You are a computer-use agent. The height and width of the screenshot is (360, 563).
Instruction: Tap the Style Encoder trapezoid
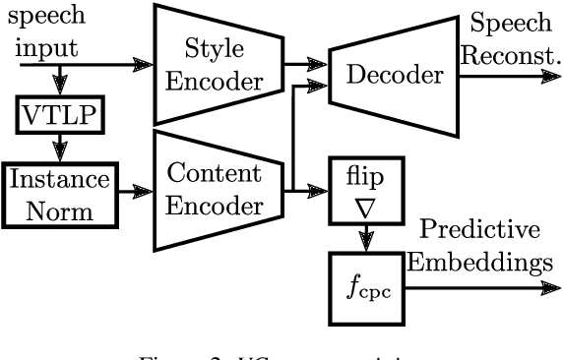[x=217, y=65]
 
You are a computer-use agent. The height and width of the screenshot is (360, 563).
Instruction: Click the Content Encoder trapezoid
[x=217, y=191]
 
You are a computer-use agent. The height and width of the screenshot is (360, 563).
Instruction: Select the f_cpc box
[x=366, y=288]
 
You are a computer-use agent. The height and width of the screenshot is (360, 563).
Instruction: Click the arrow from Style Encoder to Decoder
[x=305, y=65]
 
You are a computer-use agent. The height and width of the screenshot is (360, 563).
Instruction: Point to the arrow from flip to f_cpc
[x=367, y=239]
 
